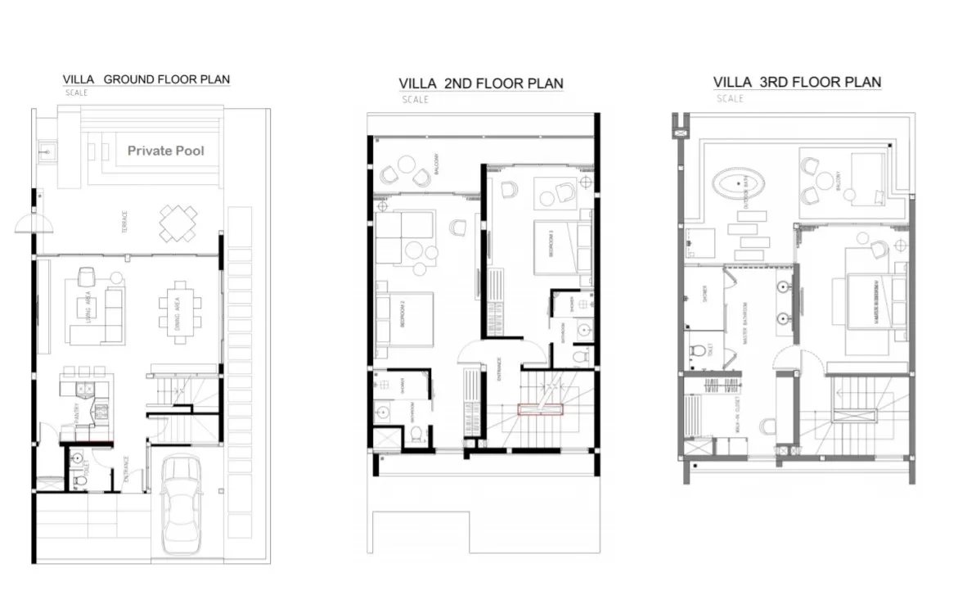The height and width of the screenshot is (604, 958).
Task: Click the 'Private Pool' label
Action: (x=166, y=151)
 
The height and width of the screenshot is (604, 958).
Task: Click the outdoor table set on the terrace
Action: (x=178, y=223)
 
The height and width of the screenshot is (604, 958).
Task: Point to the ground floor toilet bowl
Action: (x=79, y=480)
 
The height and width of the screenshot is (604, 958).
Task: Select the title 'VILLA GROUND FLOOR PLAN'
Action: (x=146, y=79)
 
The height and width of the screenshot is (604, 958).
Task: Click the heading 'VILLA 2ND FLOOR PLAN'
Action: (x=481, y=83)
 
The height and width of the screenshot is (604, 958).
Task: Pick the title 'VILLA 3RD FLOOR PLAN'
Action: (x=797, y=82)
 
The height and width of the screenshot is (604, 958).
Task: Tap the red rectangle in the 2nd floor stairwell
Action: (x=540, y=410)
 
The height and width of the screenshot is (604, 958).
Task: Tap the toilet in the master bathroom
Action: (x=698, y=353)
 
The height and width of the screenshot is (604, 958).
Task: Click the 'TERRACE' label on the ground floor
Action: (x=124, y=221)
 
